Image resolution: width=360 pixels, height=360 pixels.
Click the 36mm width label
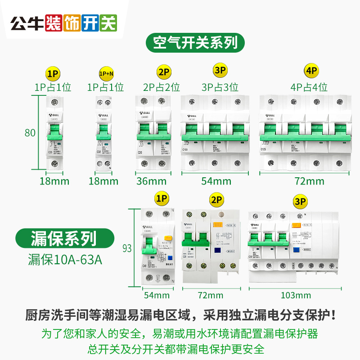(151, 181)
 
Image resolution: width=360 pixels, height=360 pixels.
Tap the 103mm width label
(295, 295)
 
